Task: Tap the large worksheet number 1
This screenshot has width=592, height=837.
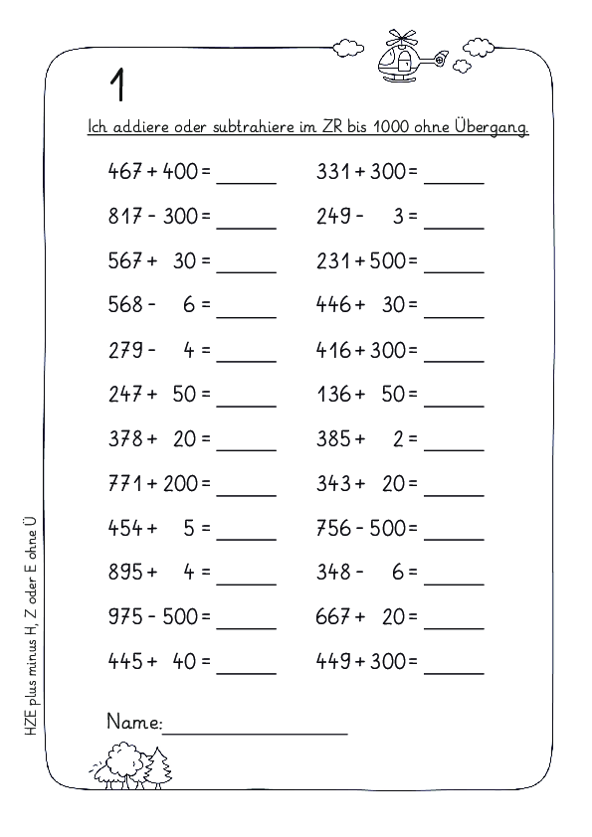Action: pyautogui.click(x=117, y=85)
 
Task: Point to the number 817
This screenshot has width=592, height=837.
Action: pyautogui.click(x=124, y=216)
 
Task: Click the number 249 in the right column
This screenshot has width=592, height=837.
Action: pyautogui.click(x=334, y=216)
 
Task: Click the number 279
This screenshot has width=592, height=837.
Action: pyautogui.click(x=124, y=350)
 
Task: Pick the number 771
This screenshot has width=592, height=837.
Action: pyautogui.click(x=124, y=484)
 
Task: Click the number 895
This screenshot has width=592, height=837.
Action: pyautogui.click(x=124, y=574)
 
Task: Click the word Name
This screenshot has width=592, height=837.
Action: pyautogui.click(x=132, y=723)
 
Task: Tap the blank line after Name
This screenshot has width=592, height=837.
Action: pyautogui.click(x=255, y=731)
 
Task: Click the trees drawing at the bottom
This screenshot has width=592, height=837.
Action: pyautogui.click(x=131, y=767)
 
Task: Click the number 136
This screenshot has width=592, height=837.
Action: pyautogui.click(x=334, y=395)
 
